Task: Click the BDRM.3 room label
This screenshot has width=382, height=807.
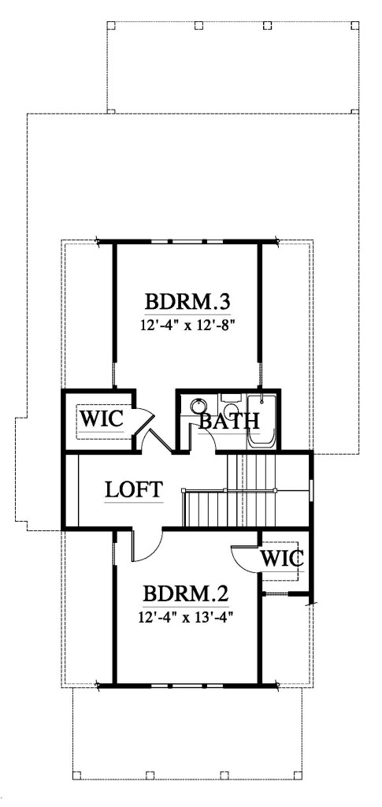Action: [x=191, y=302]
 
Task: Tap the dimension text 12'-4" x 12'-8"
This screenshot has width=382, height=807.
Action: [x=191, y=322]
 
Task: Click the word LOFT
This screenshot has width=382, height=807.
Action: [x=134, y=489]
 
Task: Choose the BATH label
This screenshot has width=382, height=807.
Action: [x=228, y=421]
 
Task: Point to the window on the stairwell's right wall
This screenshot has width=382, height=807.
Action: [x=313, y=489]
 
